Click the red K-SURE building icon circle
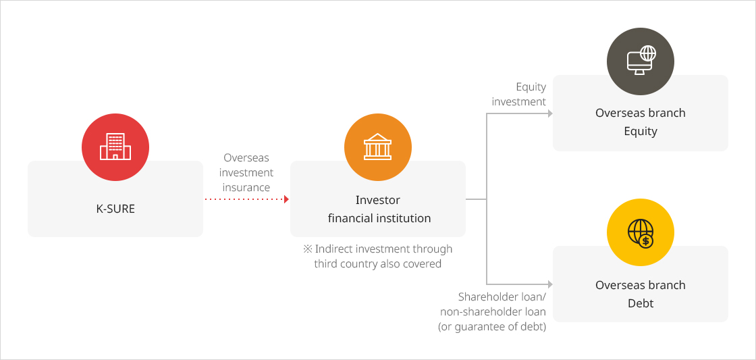coord(115,147)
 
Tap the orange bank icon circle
coord(378,147)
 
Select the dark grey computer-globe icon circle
coord(641,61)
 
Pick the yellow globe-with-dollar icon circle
coord(641,232)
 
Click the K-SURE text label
coord(115,209)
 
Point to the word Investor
coord(378,200)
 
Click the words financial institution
coord(379,218)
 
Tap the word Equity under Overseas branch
coord(641,131)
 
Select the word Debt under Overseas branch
coord(641,303)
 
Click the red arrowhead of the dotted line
coord(286,199)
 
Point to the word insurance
coord(246,187)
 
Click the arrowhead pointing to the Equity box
coord(549,113)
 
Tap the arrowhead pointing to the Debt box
coord(549,284)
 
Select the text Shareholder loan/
coord(502,297)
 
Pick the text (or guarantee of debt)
coord(492,327)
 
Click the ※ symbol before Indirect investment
coord(308,249)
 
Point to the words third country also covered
coord(378,264)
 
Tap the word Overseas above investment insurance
coord(246,158)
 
